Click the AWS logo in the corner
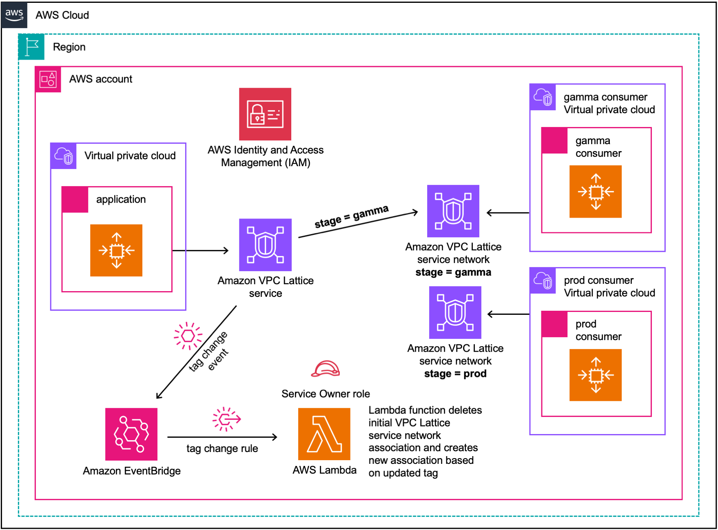pyautogui.click(x=14, y=15)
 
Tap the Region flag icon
pyautogui.click(x=31, y=47)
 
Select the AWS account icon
pyautogui.click(x=48, y=79)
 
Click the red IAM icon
pyautogui.click(x=265, y=114)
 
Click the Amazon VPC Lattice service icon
pyautogui.click(x=265, y=245)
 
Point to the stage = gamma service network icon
pyautogui.click(x=453, y=211)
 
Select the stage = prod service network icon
pyautogui.click(x=455, y=312)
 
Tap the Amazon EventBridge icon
pyautogui.click(x=131, y=434)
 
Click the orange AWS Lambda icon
pyautogui.click(x=324, y=434)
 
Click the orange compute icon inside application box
pyautogui.click(x=116, y=250)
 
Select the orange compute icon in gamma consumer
pyautogui.click(x=595, y=192)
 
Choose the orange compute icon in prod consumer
pyautogui.click(x=595, y=375)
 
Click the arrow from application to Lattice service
pyautogui.click(x=200, y=250)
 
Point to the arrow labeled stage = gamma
pyautogui.click(x=358, y=224)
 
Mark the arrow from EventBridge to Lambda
pyautogui.click(x=222, y=437)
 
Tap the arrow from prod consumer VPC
pyautogui.click(x=508, y=314)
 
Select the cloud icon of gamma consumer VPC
pyautogui.click(x=543, y=97)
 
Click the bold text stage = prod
pyautogui.click(x=455, y=374)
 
